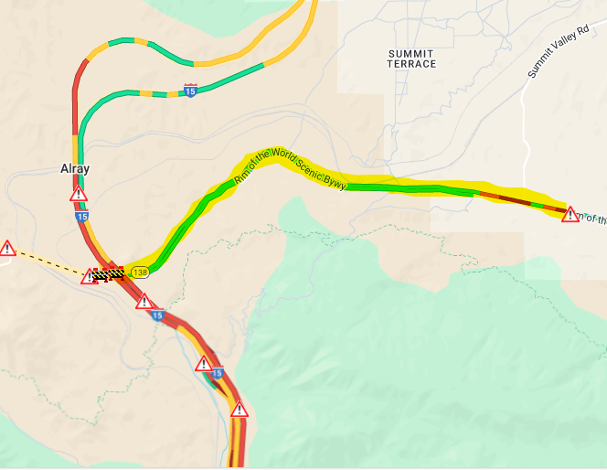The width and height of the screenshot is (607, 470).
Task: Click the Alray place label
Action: [75, 169]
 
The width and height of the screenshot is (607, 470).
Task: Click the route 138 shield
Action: [140, 272]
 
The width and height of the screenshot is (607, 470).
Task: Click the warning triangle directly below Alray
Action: [79, 194]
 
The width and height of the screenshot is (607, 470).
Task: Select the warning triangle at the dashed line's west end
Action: [7, 248]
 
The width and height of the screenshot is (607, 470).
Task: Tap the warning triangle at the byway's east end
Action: [570, 215]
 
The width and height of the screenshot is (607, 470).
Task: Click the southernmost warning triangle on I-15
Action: [239, 410]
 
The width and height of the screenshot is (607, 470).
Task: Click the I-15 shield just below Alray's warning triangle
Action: [82, 217]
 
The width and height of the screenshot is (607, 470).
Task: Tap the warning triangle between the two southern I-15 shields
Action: [204, 364]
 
